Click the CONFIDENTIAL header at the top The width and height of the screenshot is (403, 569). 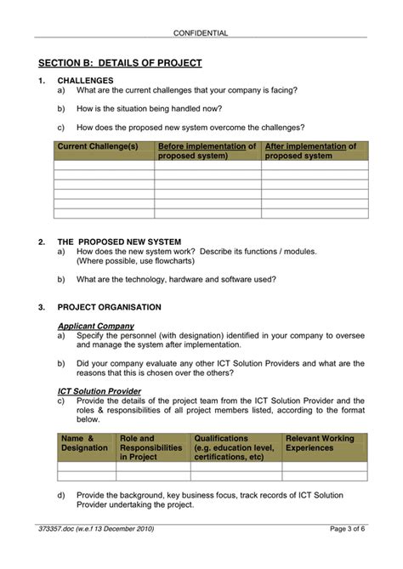201,33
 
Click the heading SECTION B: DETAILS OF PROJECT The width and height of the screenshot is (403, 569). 120,63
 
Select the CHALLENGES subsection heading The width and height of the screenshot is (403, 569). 85,80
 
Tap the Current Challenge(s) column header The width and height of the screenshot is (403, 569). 98,146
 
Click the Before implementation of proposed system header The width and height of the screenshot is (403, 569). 207,151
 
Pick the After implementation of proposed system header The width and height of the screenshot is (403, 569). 310,151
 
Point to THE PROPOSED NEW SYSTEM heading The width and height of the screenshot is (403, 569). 119,242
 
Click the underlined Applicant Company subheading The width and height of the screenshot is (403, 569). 95,326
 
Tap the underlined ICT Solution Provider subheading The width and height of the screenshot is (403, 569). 99,391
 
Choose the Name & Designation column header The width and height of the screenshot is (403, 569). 85,443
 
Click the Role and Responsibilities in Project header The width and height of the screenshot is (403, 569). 150,447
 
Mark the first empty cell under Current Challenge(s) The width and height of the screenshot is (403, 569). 104,166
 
